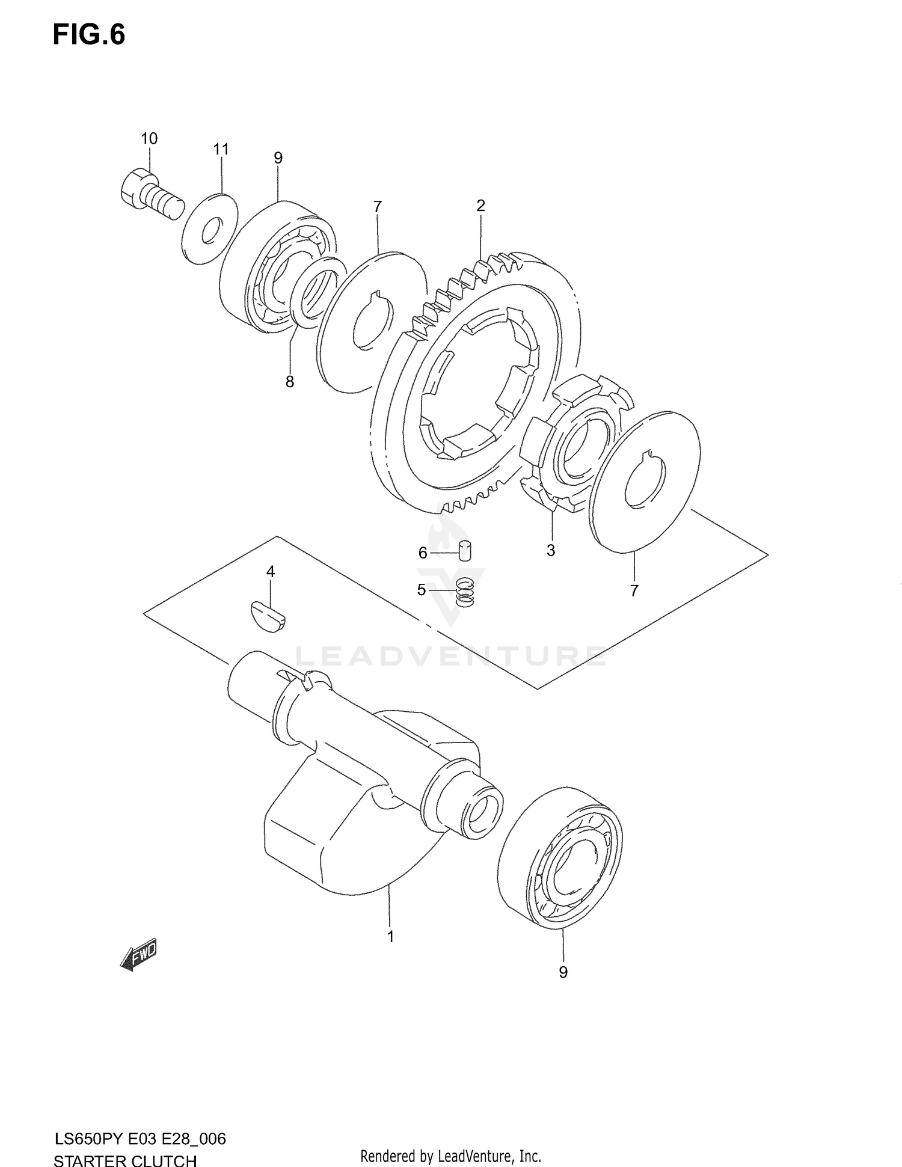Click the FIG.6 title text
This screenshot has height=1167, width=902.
tap(89, 35)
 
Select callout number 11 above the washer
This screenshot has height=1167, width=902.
tap(221, 149)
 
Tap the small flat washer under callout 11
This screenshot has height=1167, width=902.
tap(209, 229)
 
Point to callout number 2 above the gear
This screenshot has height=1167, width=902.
tap(480, 206)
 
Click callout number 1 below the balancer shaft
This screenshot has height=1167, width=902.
tap(390, 937)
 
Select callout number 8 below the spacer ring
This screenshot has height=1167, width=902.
tap(290, 382)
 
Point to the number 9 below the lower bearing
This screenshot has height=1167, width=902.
tap(563, 972)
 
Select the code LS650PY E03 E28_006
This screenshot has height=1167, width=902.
tap(140, 1139)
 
